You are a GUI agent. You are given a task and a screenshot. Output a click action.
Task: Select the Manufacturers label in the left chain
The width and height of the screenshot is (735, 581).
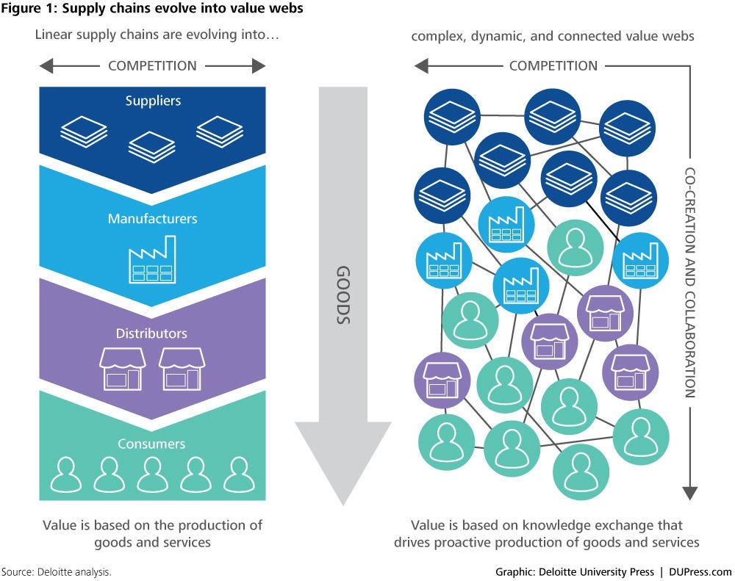tap(152, 218)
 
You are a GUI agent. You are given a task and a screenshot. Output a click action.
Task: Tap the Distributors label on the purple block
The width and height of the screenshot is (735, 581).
tap(151, 333)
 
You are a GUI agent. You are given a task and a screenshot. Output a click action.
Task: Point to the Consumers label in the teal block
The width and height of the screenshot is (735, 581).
tap(152, 444)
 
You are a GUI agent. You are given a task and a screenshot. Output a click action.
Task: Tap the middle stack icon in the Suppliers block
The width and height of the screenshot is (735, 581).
tap(151, 145)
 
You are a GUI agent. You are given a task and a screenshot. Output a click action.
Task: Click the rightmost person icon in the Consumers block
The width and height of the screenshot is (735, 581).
tap(238, 474)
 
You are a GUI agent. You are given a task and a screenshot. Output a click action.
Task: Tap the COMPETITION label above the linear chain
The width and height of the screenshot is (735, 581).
tap(152, 66)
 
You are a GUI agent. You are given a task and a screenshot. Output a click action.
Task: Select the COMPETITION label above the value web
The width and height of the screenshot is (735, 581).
tap(553, 66)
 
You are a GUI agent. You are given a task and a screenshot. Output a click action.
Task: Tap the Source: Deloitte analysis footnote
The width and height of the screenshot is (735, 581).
tap(57, 571)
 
